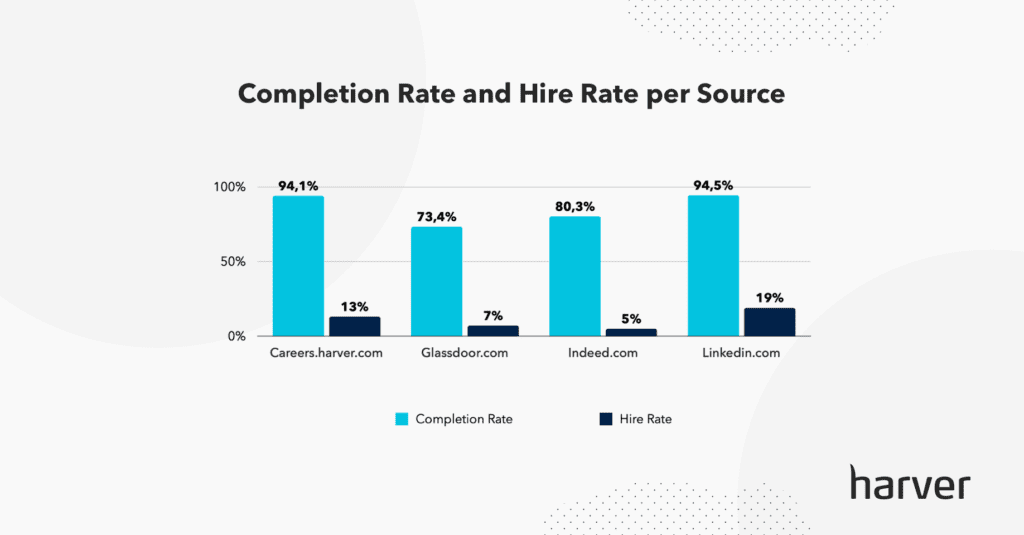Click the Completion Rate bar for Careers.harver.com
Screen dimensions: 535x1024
click(x=298, y=266)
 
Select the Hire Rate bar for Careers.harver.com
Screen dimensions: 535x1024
click(x=355, y=326)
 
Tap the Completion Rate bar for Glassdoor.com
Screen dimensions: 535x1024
click(x=437, y=281)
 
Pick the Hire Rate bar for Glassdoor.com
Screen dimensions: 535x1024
click(x=493, y=330)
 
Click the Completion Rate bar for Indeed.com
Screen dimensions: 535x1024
click(x=575, y=276)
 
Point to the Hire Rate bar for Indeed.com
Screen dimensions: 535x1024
click(x=631, y=332)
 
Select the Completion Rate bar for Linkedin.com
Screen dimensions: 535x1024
click(x=713, y=266)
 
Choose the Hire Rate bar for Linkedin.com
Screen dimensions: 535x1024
click(x=769, y=322)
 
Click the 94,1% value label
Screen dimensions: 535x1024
click(x=298, y=185)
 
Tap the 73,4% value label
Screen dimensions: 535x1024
click(x=437, y=216)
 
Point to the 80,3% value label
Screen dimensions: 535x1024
click(x=575, y=206)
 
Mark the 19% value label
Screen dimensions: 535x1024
click(x=769, y=297)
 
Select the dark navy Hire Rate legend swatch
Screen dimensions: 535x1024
click(x=605, y=419)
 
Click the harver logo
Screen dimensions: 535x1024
click(x=909, y=482)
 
